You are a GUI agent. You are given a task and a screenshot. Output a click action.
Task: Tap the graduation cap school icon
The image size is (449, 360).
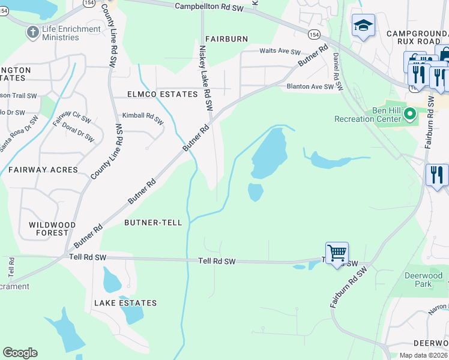coord(363,26)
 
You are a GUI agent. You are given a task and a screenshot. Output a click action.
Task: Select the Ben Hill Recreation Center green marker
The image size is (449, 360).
coord(411,113)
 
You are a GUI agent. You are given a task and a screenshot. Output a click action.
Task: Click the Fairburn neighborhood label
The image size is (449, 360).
coord(226,39)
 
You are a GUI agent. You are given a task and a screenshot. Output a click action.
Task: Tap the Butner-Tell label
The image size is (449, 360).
coord(153,223)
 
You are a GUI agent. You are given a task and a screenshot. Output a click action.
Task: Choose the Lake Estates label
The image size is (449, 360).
coord(125,303)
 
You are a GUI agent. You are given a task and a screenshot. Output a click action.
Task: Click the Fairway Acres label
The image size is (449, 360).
coord(43,170)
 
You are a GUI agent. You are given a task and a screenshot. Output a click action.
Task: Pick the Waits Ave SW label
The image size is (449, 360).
coord(279,52)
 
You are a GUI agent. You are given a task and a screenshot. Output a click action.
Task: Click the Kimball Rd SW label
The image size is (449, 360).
coord(143,118)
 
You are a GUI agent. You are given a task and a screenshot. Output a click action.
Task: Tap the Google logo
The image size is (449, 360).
coord(20,353)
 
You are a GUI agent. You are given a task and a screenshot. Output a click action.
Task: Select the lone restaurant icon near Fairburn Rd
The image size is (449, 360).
coord(437,175)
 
